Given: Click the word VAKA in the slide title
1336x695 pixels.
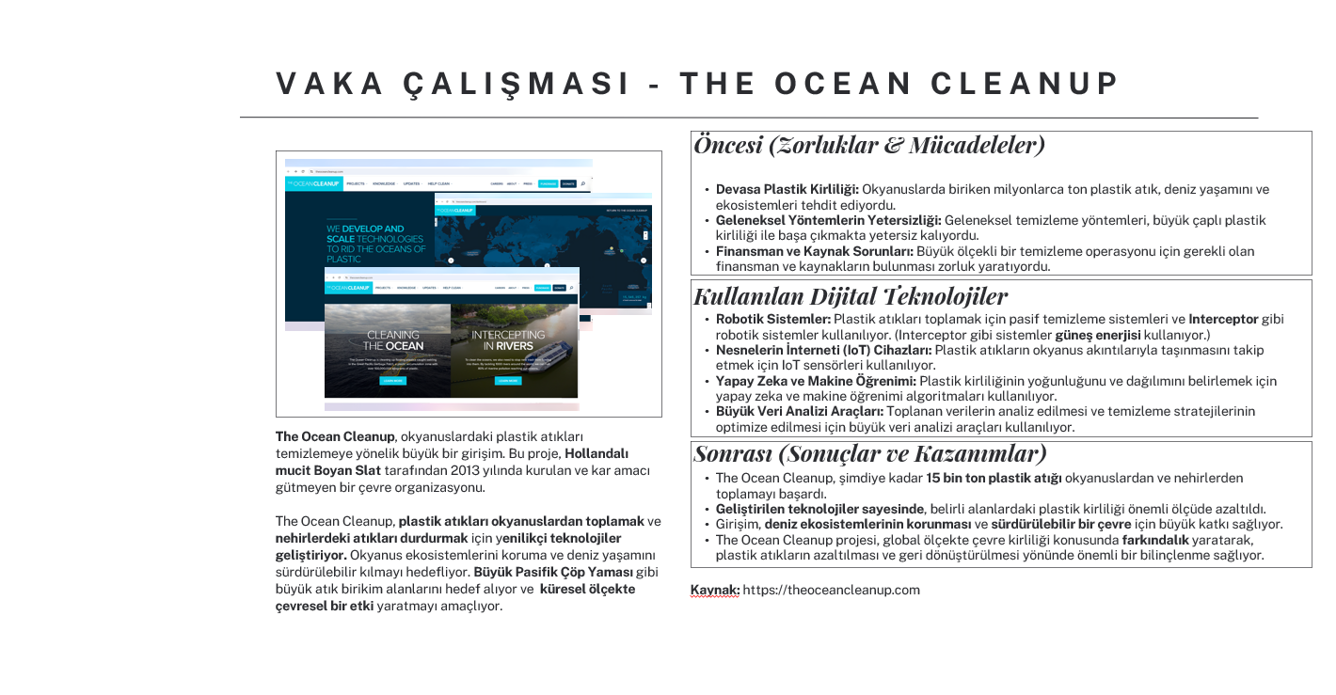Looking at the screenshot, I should (323, 84).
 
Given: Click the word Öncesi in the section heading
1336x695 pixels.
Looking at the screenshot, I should (727, 145).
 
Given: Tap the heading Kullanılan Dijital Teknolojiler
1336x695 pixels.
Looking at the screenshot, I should (851, 295).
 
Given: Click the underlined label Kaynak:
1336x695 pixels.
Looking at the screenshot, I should (714, 590).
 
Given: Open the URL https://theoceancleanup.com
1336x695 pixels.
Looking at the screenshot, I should (831, 590).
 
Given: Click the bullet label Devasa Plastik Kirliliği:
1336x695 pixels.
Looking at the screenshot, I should (787, 189).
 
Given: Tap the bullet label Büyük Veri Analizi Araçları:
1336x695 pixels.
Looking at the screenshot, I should (799, 411).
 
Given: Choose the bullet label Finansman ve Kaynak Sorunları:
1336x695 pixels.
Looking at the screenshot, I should (814, 251).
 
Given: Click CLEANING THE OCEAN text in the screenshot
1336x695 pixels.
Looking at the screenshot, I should (393, 340).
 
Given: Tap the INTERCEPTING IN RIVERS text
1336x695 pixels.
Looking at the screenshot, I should (507, 340).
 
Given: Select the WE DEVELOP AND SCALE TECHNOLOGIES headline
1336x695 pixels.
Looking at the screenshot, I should (375, 244).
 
